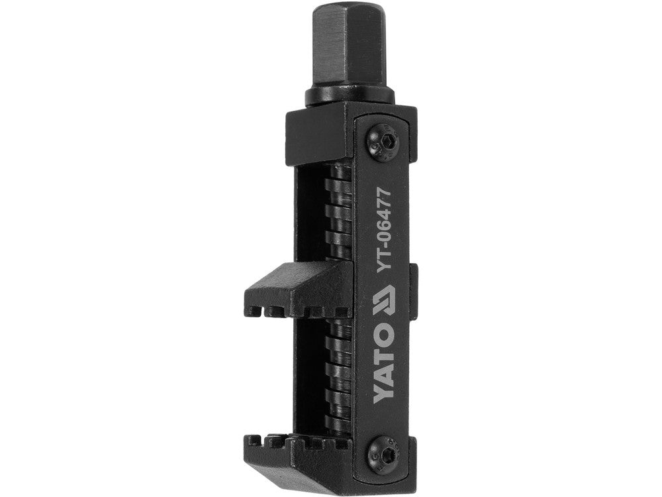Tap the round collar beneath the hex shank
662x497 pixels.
[x=350, y=97]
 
